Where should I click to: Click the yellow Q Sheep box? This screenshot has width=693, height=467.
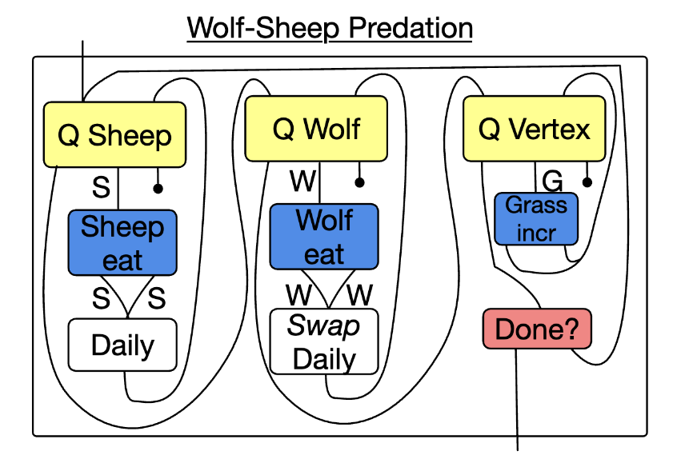(x=114, y=134)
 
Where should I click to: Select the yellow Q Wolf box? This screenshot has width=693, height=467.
(x=316, y=128)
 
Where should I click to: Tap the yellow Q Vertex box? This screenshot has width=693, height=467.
(x=534, y=128)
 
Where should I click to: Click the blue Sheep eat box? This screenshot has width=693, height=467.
(x=122, y=242)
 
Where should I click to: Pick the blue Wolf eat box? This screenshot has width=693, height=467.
(x=323, y=237)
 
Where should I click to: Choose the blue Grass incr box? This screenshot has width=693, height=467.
(x=536, y=218)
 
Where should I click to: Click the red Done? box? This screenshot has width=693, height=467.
(x=536, y=329)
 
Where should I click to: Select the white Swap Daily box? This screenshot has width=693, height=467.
(x=323, y=342)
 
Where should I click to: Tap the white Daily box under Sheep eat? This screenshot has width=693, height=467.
(x=122, y=345)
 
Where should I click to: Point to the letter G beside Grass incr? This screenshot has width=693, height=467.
(x=553, y=180)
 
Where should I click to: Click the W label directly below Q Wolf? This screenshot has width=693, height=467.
(x=302, y=182)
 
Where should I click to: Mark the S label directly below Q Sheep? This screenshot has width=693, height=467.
(x=101, y=189)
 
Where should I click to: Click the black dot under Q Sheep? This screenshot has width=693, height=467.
(x=158, y=189)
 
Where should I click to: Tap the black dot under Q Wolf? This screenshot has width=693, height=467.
(x=360, y=182)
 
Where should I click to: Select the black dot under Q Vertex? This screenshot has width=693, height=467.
(x=587, y=182)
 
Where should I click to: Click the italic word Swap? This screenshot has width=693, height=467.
(x=323, y=325)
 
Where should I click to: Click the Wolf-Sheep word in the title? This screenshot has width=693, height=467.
(x=256, y=28)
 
